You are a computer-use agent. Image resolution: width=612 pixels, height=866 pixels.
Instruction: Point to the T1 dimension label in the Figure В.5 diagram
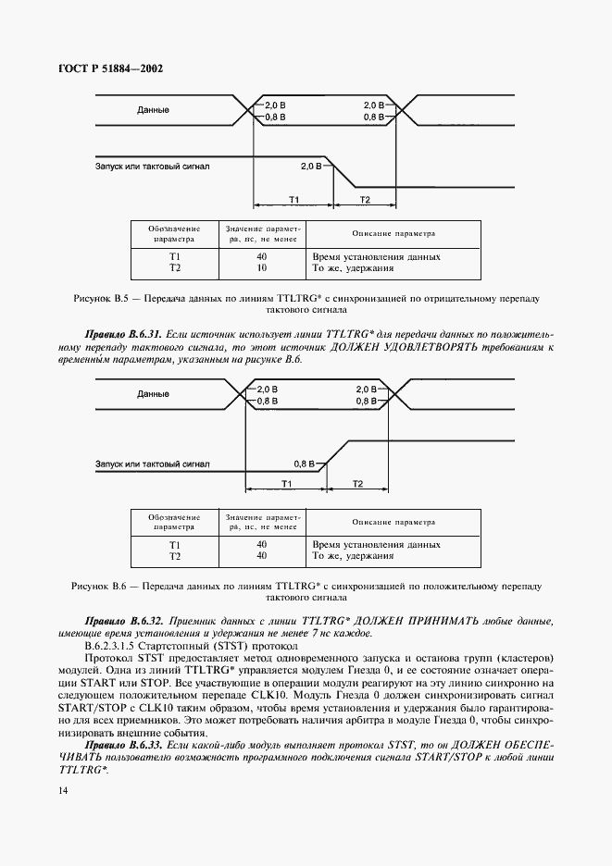(293, 200)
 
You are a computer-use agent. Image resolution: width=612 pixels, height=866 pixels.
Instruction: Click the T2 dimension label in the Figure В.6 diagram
(357, 484)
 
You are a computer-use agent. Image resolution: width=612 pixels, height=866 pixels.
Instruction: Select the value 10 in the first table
(261, 268)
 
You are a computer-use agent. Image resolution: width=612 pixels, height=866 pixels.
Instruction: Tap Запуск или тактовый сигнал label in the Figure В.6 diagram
(153, 464)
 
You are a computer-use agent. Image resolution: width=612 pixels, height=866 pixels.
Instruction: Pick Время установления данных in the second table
(376, 544)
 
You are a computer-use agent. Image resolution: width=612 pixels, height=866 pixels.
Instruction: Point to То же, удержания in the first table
(354, 268)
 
